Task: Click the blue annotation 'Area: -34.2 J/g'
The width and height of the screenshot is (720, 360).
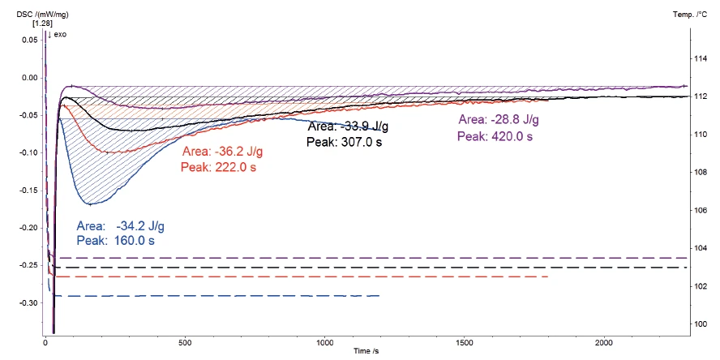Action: coord(125,226)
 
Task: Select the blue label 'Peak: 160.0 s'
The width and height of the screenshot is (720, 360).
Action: coord(114,241)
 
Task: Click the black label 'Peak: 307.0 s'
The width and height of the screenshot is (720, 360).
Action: coord(344,141)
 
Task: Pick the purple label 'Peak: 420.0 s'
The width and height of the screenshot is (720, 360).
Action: coord(495,137)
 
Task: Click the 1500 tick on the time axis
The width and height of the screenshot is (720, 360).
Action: coord(465,343)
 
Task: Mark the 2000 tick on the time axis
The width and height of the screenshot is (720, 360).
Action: coord(605,343)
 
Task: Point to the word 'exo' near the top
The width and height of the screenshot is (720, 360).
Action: coord(61,36)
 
